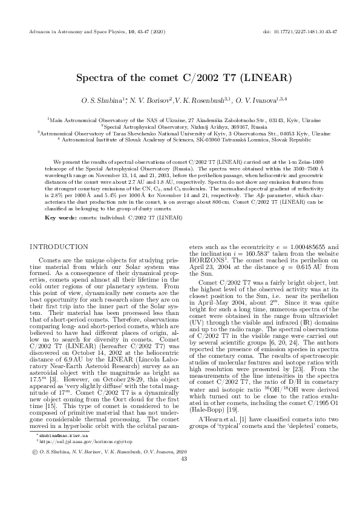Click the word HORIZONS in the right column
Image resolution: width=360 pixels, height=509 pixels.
(x=207, y=268)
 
